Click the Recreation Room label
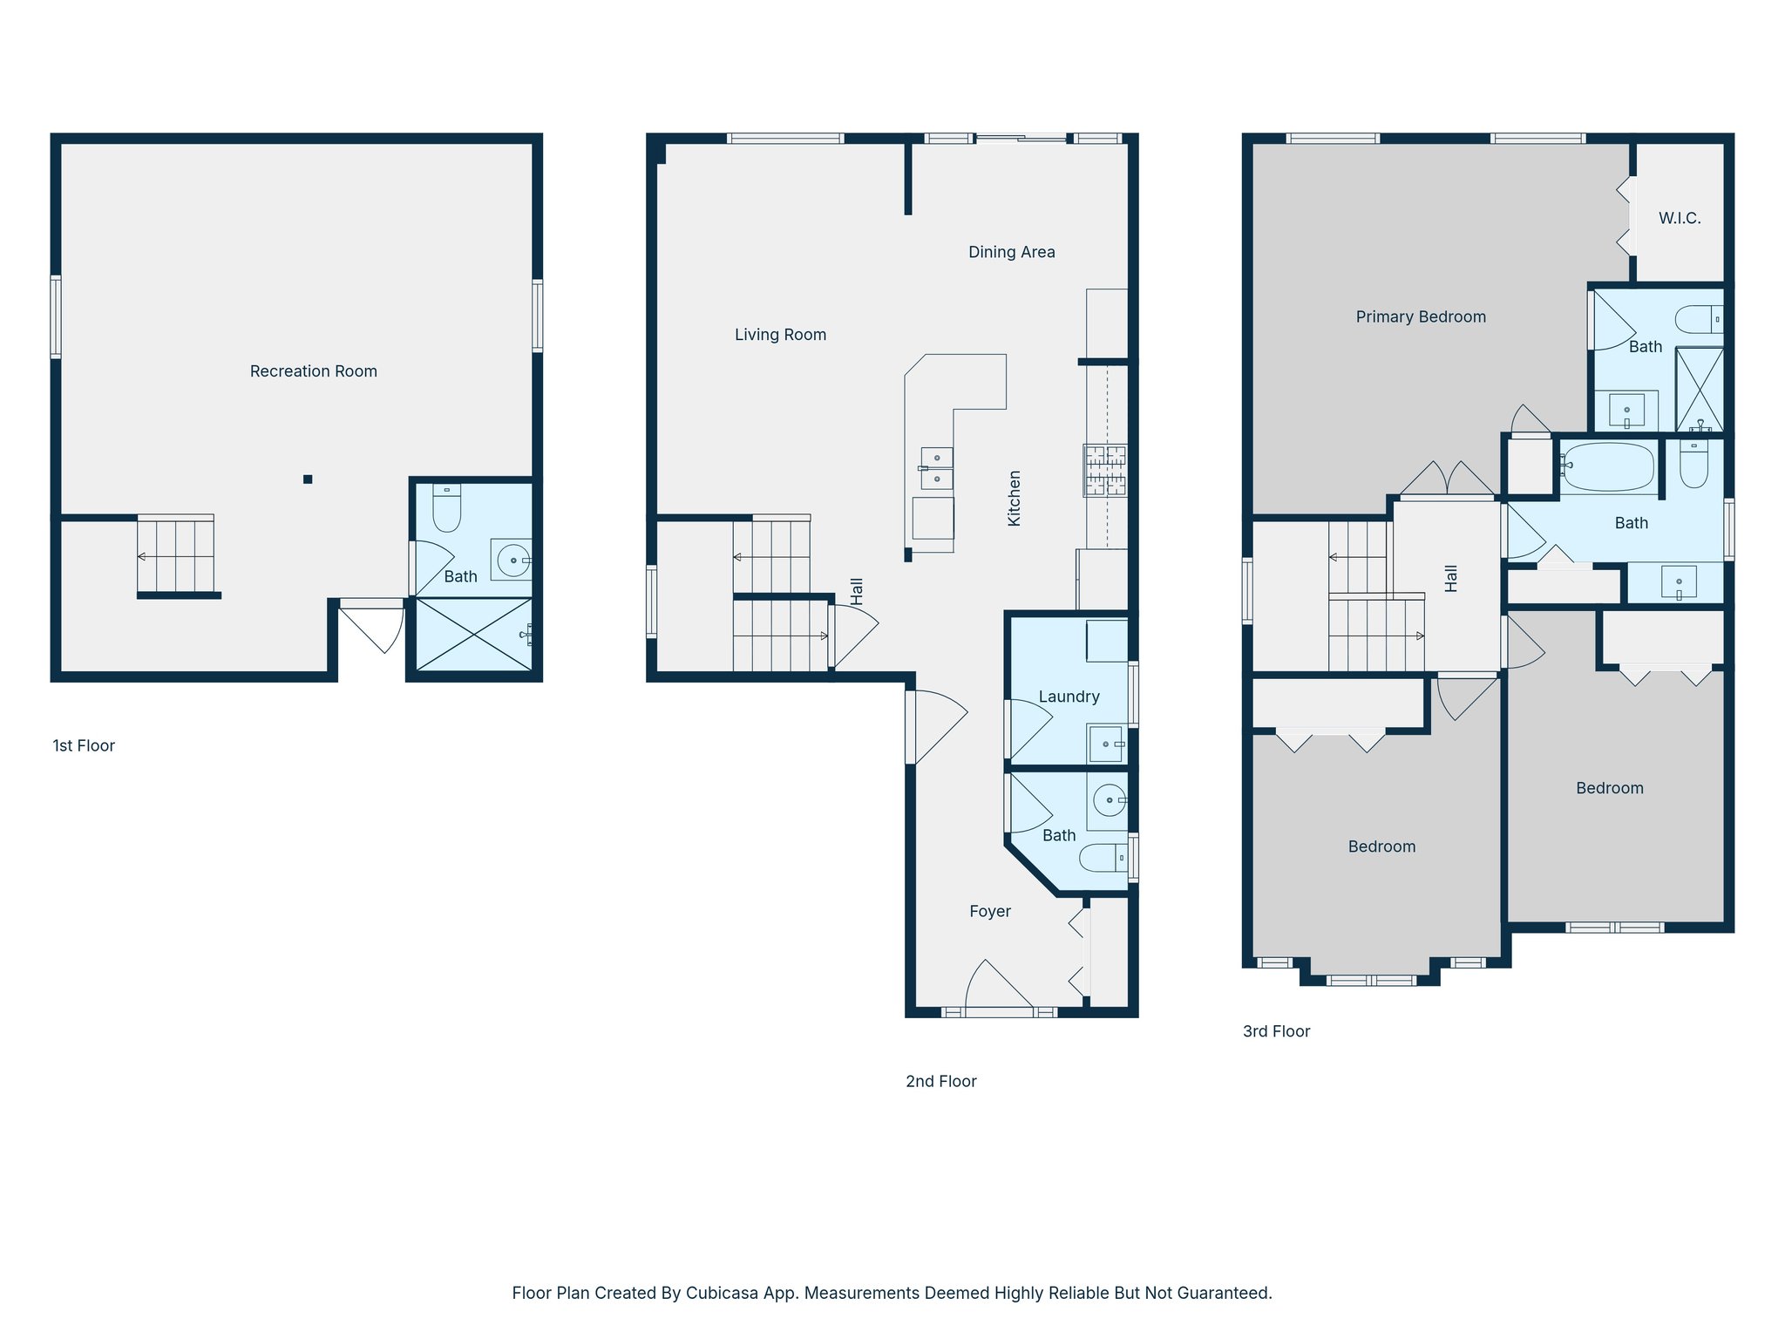pyautogui.click(x=313, y=371)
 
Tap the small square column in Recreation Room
pyautogui.click(x=308, y=479)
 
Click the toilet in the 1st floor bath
pyautogui.click(x=446, y=509)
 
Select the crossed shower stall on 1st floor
pyautogui.click(x=473, y=634)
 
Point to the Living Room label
pyautogui.click(x=780, y=335)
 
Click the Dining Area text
pyautogui.click(x=1011, y=252)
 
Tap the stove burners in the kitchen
pyautogui.click(x=1104, y=471)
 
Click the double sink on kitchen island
pyautogui.click(x=937, y=468)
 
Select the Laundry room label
pyautogui.click(x=1069, y=697)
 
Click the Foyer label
pyautogui.click(x=990, y=911)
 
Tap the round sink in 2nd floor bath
pyautogui.click(x=1109, y=799)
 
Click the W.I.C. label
pyautogui.click(x=1680, y=218)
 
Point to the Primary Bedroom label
pyautogui.click(x=1421, y=316)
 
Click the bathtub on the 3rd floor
pyautogui.click(x=1606, y=467)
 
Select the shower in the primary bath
pyautogui.click(x=1700, y=390)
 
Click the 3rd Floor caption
pyautogui.click(x=1276, y=1031)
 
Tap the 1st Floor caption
pyautogui.click(x=84, y=745)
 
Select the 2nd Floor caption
pyautogui.click(x=940, y=1081)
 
